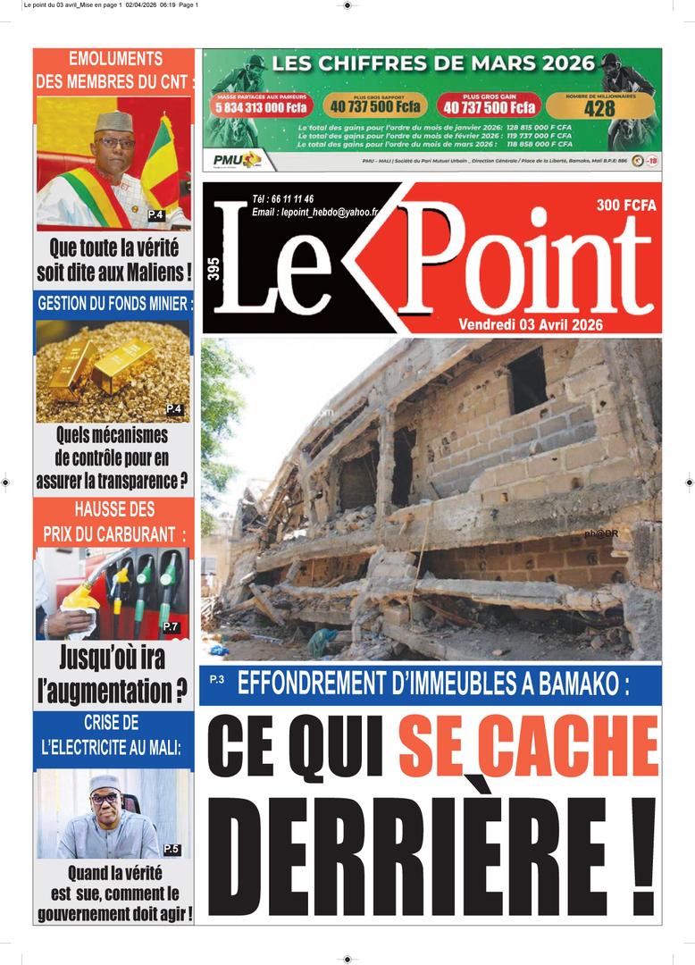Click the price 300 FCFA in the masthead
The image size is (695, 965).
click(x=626, y=206)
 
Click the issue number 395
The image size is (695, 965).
click(x=214, y=269)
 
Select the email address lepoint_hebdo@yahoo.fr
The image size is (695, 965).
click(x=315, y=212)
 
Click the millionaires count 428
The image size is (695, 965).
click(x=599, y=108)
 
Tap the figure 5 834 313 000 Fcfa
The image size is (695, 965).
click(x=261, y=107)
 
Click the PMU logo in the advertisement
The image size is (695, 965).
click(x=236, y=160)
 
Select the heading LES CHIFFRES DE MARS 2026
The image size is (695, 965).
click(x=432, y=63)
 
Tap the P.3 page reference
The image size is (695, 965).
click(x=217, y=680)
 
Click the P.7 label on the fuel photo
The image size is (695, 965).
click(x=171, y=626)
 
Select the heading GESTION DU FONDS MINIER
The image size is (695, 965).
click(x=113, y=304)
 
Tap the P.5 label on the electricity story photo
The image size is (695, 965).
click(x=172, y=848)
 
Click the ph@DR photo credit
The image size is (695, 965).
click(x=625, y=533)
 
